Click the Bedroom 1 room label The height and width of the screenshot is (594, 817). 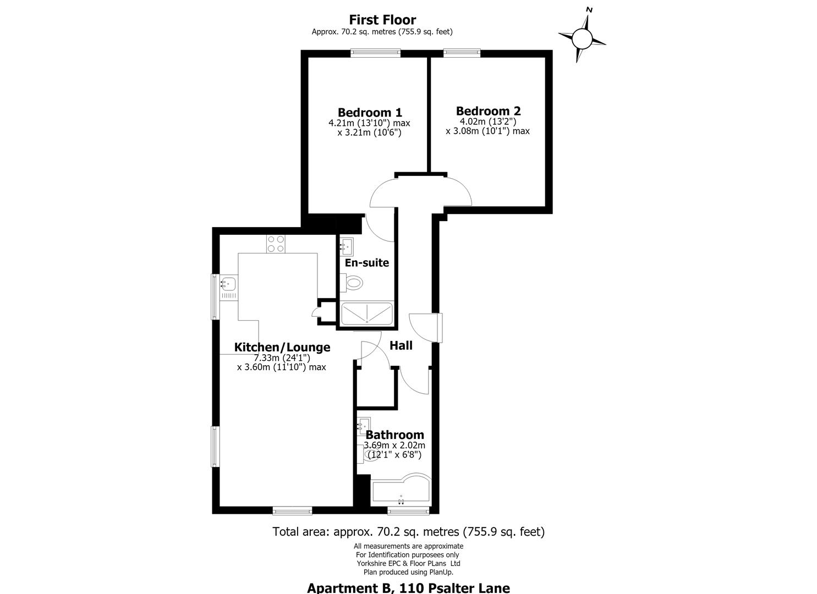coord(370,112)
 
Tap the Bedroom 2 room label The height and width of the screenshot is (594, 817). coord(488,111)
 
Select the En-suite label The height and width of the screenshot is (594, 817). coord(367,262)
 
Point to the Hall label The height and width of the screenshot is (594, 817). coord(401,345)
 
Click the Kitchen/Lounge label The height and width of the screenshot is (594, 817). coord(282,347)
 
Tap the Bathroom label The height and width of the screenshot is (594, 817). coord(394,435)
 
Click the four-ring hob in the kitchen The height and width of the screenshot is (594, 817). coord(276,244)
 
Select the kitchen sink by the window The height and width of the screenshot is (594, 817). coord(229,287)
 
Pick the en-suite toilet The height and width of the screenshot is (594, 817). coord(352,283)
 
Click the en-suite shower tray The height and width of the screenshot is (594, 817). coord(367,313)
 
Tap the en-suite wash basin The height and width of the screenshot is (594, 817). coord(347,247)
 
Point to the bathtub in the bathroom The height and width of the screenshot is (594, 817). coord(401,490)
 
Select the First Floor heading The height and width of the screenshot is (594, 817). coord(382,20)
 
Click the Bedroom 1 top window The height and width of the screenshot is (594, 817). coord(375,53)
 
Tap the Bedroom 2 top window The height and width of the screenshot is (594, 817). coord(462,53)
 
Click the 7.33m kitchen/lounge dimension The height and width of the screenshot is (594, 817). coord(282,358)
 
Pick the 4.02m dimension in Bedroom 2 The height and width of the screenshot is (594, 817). coord(488,122)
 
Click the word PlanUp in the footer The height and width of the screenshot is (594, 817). coord(440,572)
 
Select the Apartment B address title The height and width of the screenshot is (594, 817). coord(408,588)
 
